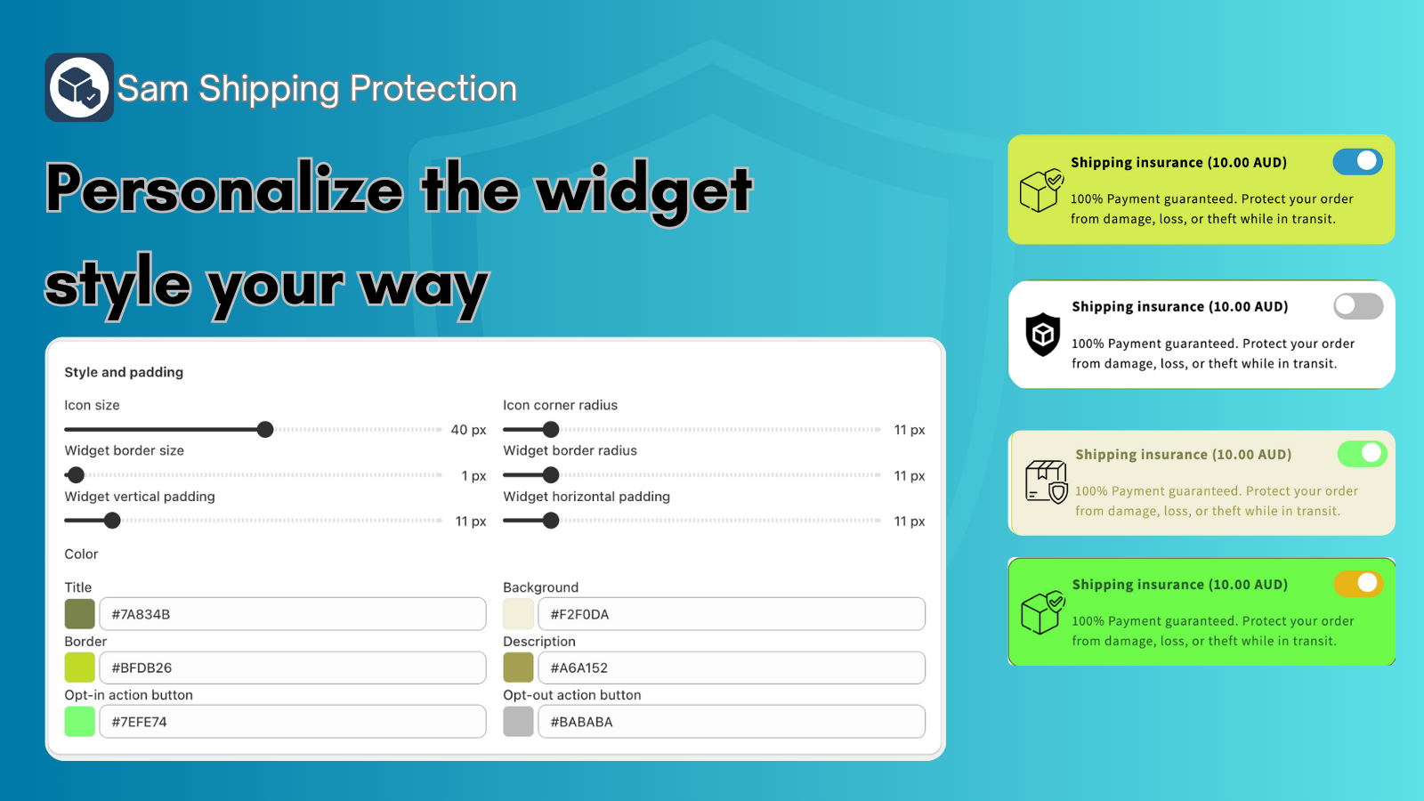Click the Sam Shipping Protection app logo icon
point(79,87)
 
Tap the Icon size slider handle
point(265,430)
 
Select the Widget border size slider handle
point(76,475)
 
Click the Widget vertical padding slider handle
point(112,521)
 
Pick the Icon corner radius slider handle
point(551,430)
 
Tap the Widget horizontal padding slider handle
point(551,521)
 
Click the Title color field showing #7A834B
point(293,614)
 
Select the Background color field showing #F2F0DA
point(731,614)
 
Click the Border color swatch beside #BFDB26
point(79,667)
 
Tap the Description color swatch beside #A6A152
point(518,667)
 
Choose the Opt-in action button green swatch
point(79,722)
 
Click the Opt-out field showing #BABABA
point(731,722)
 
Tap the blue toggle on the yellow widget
point(1358,161)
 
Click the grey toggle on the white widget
point(1358,306)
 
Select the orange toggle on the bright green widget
point(1358,584)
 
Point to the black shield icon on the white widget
point(1042,335)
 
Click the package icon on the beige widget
point(1047,481)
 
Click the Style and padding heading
point(124,372)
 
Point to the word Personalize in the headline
point(224,190)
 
